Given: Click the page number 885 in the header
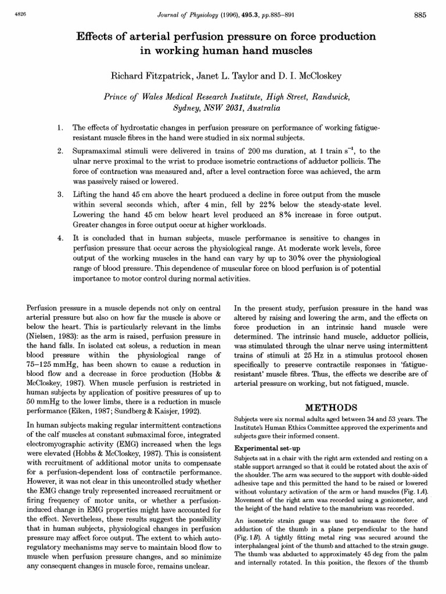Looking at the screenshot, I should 420,16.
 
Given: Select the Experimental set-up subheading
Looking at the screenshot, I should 267,447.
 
